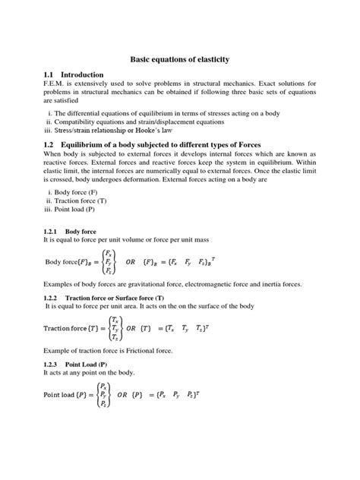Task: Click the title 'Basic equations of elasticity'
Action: pyautogui.click(x=180, y=58)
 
